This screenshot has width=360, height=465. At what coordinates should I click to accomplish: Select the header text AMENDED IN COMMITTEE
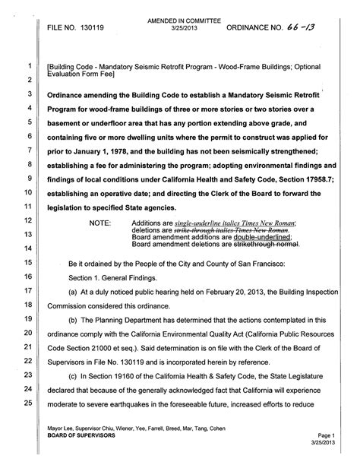pyautogui.click(x=178, y=12)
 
